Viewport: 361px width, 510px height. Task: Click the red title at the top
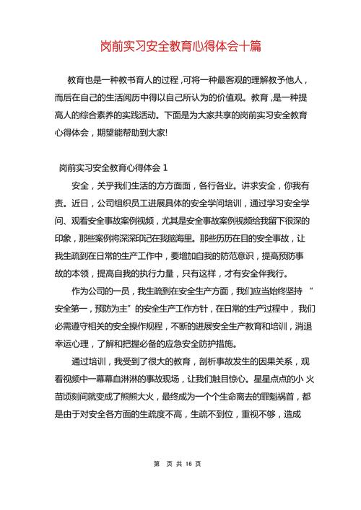point(180,46)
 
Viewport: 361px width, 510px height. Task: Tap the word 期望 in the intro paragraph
point(112,133)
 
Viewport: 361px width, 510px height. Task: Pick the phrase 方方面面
point(174,185)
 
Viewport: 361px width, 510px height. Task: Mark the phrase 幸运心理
point(77,343)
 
